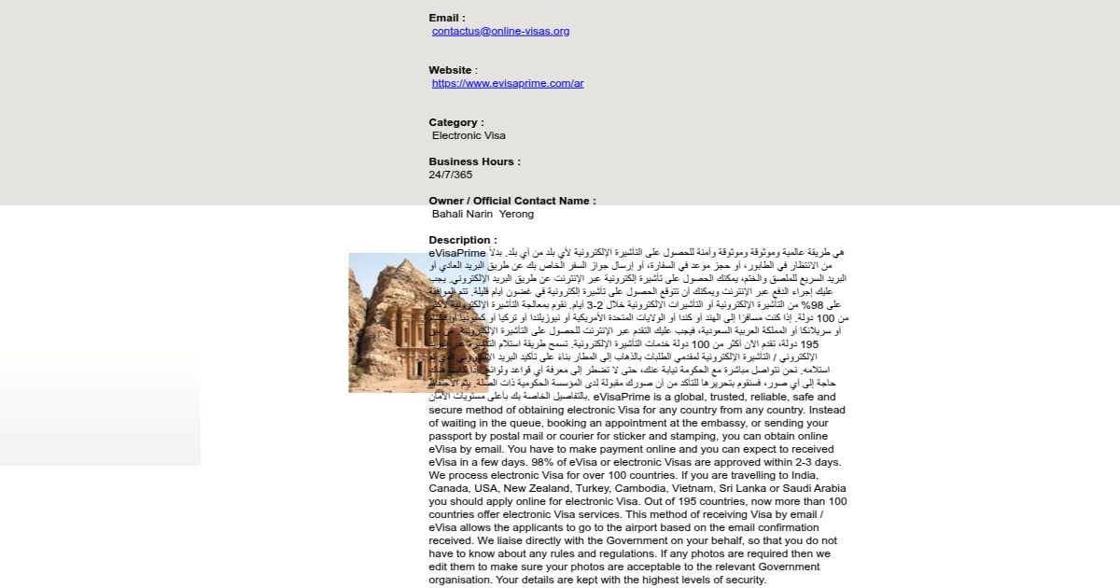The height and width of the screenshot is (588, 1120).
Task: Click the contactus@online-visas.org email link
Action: (x=500, y=31)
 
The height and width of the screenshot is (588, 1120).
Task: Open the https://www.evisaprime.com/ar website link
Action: (x=508, y=83)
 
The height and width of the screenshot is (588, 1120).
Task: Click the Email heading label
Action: (x=447, y=18)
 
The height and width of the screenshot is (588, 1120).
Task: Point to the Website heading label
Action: (x=453, y=70)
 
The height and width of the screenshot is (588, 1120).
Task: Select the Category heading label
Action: (x=456, y=122)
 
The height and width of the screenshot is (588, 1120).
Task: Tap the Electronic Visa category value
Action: (x=469, y=135)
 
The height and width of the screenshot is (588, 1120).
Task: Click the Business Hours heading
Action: (x=474, y=161)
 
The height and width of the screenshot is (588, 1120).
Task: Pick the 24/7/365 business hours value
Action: (x=451, y=175)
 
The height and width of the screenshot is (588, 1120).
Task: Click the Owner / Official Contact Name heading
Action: (x=511, y=201)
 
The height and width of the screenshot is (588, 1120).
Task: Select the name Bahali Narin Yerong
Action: (x=483, y=214)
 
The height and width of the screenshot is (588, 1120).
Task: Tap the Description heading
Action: (x=463, y=240)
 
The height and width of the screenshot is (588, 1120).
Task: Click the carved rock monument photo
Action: (x=388, y=322)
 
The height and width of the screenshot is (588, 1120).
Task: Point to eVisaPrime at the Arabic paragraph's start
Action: (x=457, y=253)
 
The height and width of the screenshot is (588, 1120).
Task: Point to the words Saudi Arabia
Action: (x=814, y=488)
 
